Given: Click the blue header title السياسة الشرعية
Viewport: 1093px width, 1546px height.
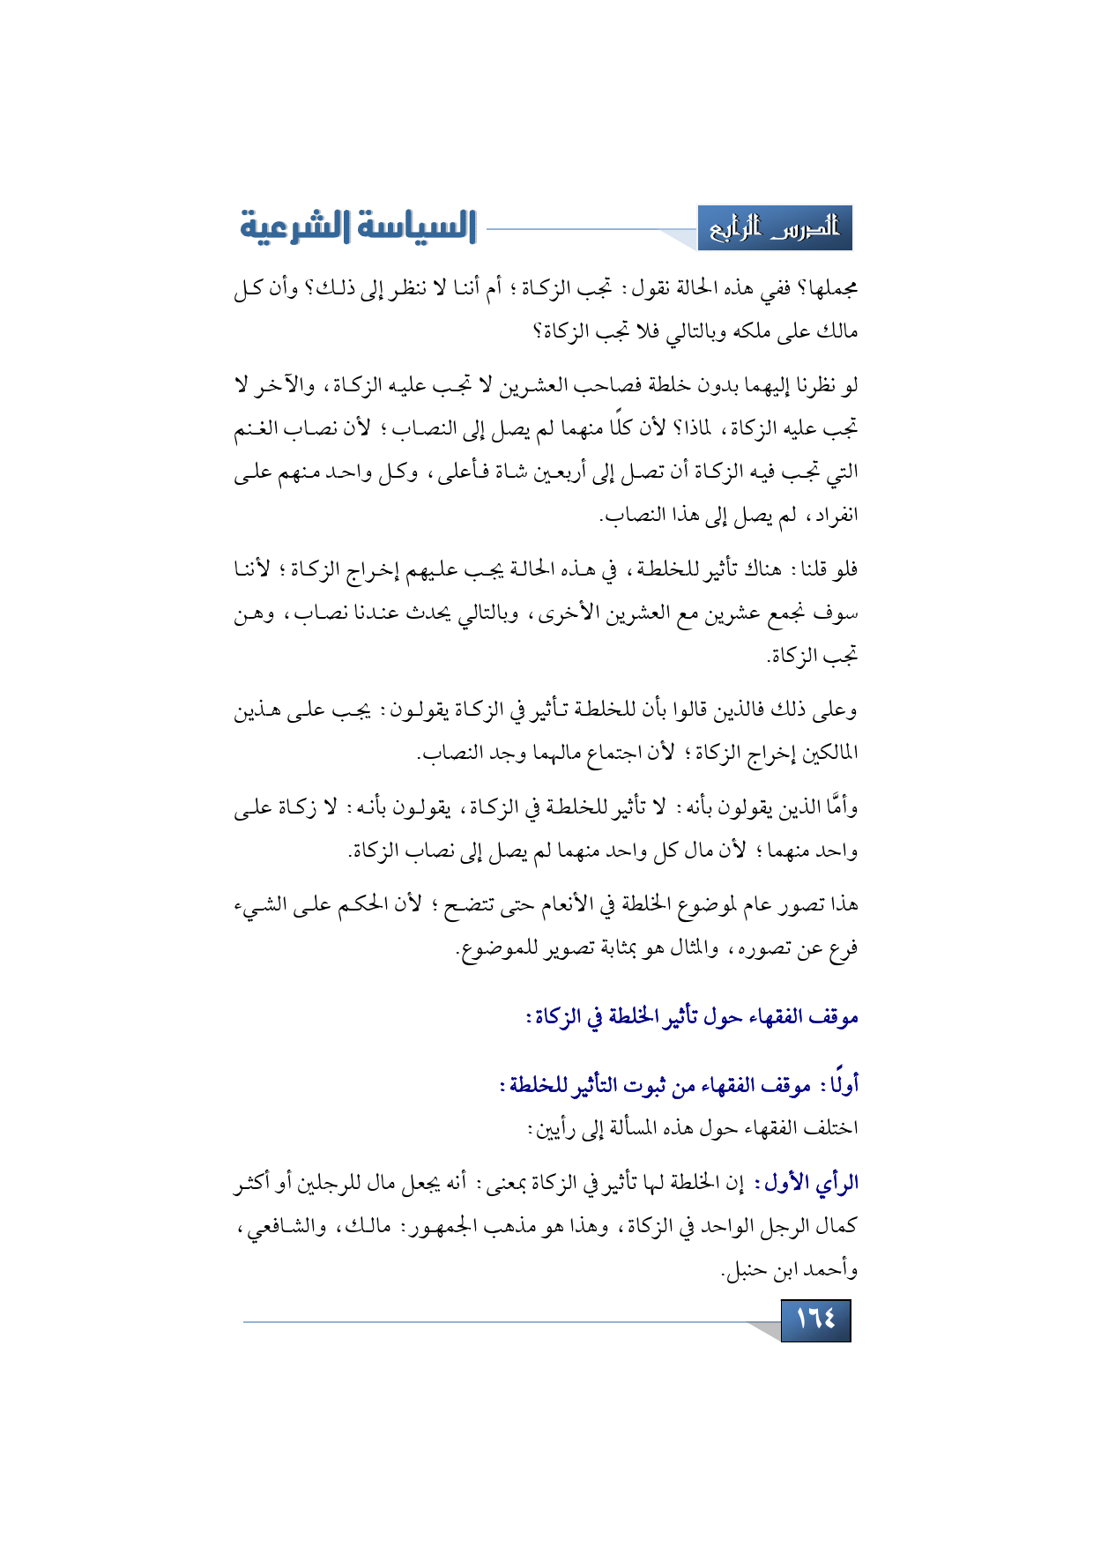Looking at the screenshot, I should [358, 227].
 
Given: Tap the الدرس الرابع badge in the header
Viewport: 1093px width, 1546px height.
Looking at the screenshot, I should [775, 229].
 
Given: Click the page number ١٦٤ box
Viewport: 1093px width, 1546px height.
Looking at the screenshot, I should [815, 1319].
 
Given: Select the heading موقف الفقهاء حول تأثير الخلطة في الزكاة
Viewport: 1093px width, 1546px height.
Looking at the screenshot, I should [693, 1017].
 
